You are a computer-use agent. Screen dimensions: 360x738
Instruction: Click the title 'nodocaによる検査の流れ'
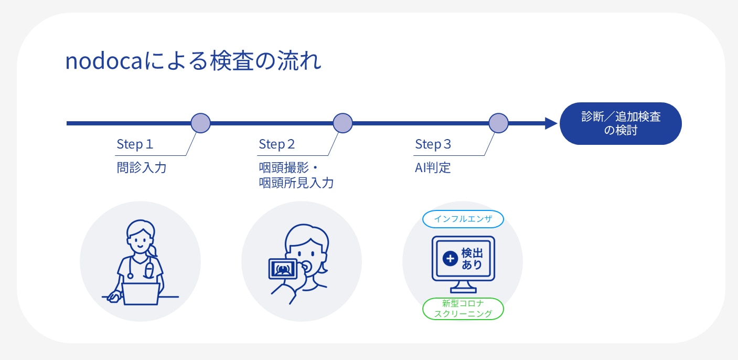(193, 62)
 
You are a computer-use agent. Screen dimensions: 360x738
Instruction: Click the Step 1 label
(135, 144)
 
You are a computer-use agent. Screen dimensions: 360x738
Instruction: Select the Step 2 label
(277, 144)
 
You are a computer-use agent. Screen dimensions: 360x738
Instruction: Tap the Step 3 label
(433, 144)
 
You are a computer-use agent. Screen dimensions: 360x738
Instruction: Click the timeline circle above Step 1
(200, 123)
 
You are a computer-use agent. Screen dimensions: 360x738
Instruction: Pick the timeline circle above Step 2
(343, 123)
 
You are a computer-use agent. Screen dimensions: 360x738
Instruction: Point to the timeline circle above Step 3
(498, 123)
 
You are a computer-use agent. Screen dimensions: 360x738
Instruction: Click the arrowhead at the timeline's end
(551, 123)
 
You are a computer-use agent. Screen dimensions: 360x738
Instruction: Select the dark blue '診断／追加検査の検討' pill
(621, 123)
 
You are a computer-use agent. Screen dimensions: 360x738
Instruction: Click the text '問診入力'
(141, 168)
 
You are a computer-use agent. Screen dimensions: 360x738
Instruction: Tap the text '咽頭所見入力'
(296, 183)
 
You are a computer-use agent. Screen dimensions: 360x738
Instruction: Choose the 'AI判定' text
(433, 168)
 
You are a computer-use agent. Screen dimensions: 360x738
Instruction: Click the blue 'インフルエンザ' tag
(463, 219)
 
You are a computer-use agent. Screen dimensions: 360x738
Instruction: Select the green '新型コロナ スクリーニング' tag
(463, 309)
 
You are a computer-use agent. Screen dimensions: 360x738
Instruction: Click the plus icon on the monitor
(450, 258)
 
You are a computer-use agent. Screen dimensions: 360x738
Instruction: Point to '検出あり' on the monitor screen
(472, 258)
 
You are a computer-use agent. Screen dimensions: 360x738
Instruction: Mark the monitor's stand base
(463, 291)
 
